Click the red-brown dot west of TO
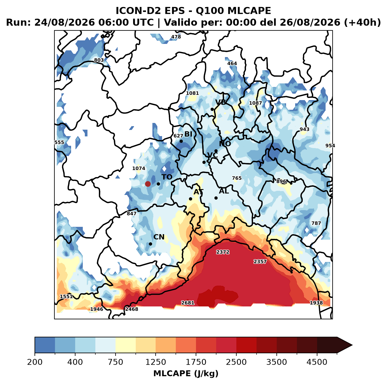click(148, 184)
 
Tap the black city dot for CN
click(150, 244)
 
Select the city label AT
click(198, 192)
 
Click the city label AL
click(224, 191)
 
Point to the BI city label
click(188, 134)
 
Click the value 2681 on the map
click(188, 303)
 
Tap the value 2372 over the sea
click(223, 252)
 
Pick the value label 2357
click(260, 261)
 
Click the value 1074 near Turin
click(139, 168)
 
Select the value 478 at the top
click(176, 37)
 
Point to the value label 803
click(99, 60)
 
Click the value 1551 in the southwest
click(66, 296)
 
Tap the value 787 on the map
click(316, 223)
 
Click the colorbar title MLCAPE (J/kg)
click(186, 373)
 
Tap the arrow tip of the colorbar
click(352, 345)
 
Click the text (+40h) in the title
click(362, 23)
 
